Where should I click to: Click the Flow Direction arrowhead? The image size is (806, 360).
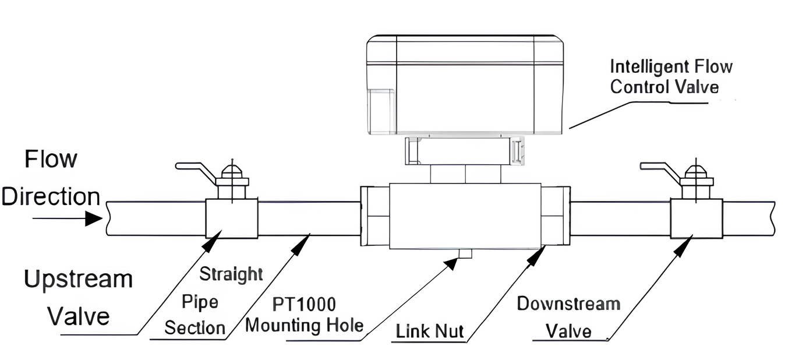point(93,218)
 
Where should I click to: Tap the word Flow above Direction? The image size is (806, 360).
point(51,159)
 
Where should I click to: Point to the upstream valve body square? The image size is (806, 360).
point(232,218)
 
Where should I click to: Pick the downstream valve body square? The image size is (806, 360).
point(697,218)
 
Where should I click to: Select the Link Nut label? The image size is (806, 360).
point(430,331)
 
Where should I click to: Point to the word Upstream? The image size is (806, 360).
point(78,280)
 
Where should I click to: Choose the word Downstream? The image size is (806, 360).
point(568,303)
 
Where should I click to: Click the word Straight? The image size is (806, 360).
point(231,274)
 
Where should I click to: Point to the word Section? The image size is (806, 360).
point(195,327)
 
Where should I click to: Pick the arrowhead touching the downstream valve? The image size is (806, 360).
point(686,243)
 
